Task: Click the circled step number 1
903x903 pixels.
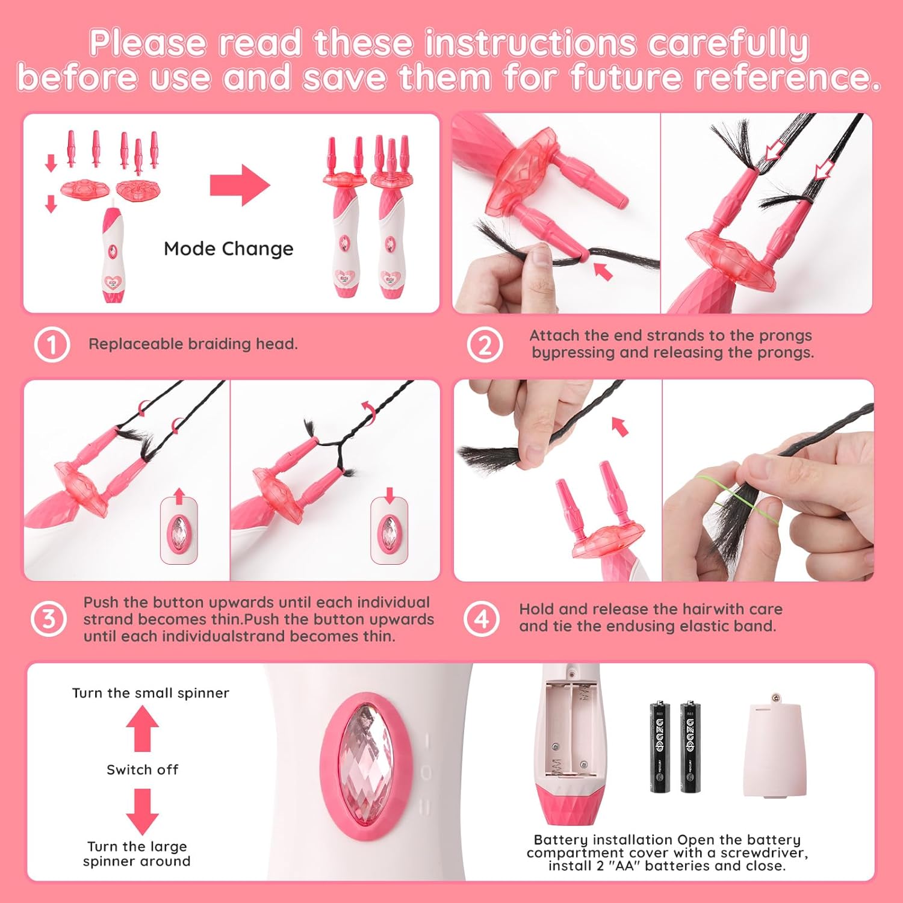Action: [52, 345]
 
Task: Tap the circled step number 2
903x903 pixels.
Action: [485, 345]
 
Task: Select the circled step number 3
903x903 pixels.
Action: [49, 619]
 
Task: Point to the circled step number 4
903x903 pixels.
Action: [482, 619]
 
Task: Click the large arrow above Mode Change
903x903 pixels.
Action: [240, 185]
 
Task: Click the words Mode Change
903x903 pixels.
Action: [229, 249]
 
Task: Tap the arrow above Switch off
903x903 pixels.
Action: [143, 728]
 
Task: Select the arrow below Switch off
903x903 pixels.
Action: [143, 811]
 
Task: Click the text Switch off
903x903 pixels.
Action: [143, 770]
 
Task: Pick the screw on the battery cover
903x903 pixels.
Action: [775, 698]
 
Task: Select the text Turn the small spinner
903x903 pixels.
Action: [150, 693]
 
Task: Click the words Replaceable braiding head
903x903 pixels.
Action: [193, 344]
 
